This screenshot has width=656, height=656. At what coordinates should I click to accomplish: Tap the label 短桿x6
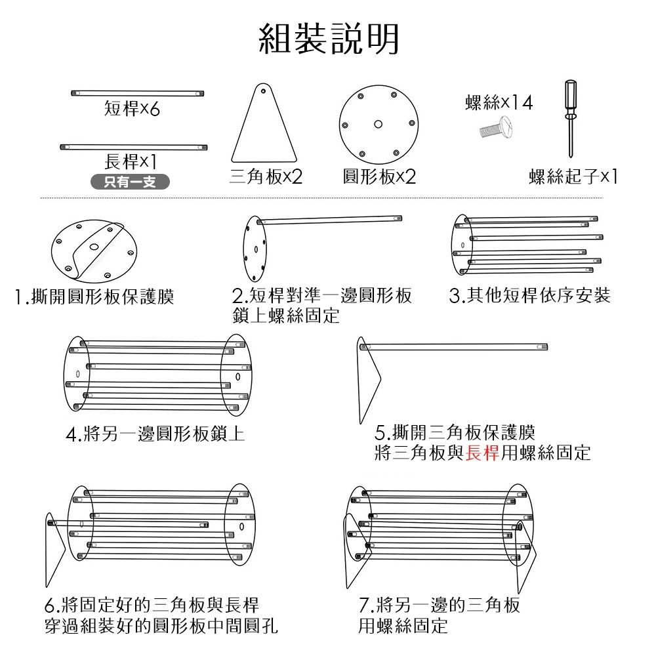coord(132,110)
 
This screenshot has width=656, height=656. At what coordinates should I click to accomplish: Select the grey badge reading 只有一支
coord(129,182)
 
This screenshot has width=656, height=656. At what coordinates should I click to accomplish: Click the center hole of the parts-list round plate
coord(378,124)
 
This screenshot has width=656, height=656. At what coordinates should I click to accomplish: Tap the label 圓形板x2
coord(379,176)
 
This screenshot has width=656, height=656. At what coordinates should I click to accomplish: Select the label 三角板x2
coord(266,176)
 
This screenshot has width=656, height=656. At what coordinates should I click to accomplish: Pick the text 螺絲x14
coord(499,103)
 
